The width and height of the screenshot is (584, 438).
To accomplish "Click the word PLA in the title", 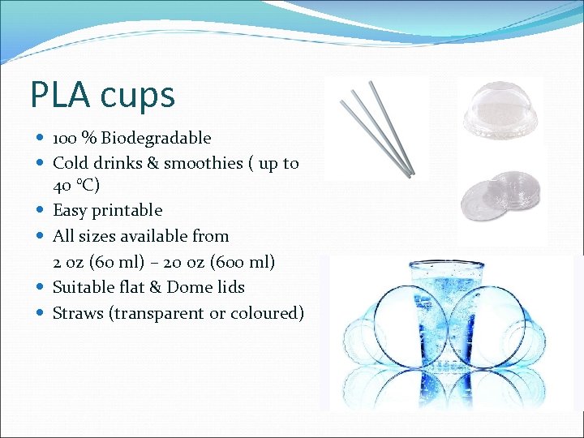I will (x=62, y=94).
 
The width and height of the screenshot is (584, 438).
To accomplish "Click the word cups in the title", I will (x=138, y=96).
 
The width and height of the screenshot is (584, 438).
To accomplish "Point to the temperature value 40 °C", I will (x=76, y=185).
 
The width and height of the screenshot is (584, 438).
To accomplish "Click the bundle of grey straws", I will (x=378, y=128).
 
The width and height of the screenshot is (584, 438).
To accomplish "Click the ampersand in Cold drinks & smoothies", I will (x=152, y=163).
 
